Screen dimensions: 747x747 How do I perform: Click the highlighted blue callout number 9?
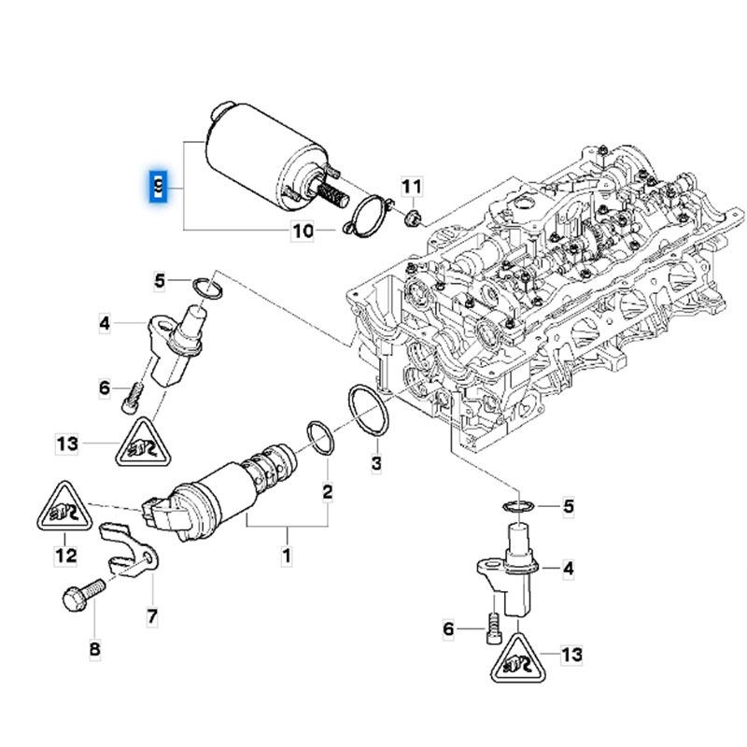(x=160, y=188)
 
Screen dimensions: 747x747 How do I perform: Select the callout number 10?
(x=303, y=232)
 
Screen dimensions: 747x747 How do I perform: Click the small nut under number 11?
(x=412, y=219)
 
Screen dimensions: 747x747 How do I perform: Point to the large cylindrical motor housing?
(x=246, y=155)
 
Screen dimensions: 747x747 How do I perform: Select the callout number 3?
(x=376, y=463)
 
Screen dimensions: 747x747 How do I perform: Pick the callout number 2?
(x=328, y=490)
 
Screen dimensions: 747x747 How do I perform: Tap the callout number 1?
(x=287, y=557)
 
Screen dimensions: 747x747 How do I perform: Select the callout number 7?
(x=150, y=616)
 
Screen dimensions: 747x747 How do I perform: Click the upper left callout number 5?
(x=160, y=280)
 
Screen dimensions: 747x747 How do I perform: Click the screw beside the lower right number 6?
(x=494, y=630)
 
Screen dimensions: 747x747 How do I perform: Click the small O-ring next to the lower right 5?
(x=519, y=507)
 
